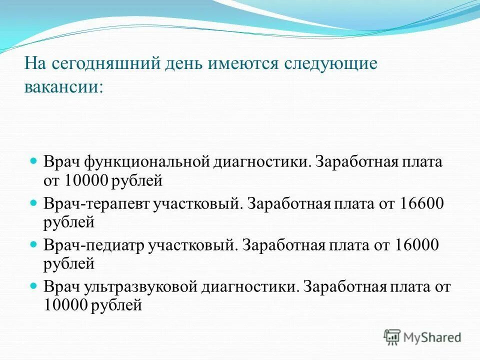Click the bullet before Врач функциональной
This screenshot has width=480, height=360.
(x=34, y=162)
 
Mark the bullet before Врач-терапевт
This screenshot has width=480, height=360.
(x=34, y=203)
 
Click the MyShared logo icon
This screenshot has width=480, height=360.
(x=392, y=337)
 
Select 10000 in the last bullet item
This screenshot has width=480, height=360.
(x=66, y=304)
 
